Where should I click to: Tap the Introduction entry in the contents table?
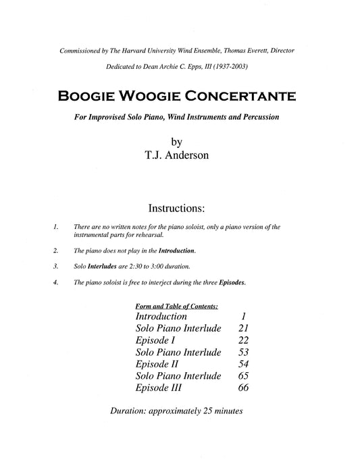point(161,316)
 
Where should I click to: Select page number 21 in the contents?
point(245,328)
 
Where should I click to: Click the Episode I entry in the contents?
point(156,340)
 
